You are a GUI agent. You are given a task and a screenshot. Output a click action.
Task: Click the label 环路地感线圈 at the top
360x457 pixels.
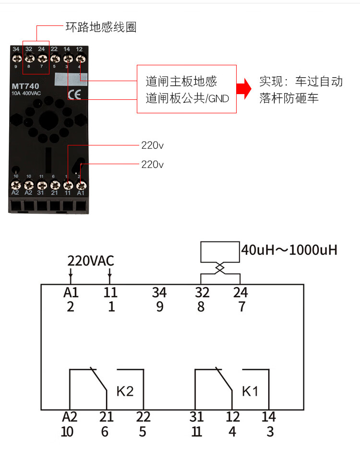pyautogui.click(x=101, y=27)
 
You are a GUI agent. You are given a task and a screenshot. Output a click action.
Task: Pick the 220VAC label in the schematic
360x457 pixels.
pyautogui.click(x=90, y=261)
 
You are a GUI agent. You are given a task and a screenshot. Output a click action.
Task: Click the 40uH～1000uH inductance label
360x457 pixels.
pyautogui.click(x=289, y=250)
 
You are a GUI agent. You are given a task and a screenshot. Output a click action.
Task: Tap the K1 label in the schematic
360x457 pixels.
pyautogui.click(x=250, y=391)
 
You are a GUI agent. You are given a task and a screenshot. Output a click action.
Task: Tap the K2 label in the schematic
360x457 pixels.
pyautogui.click(x=125, y=391)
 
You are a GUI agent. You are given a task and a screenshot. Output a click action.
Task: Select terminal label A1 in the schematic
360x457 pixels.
pyautogui.click(x=71, y=292)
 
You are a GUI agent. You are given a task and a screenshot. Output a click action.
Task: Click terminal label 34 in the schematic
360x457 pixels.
pyautogui.click(x=159, y=292)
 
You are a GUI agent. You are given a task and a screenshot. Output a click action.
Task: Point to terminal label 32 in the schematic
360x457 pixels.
pyautogui.click(x=201, y=292)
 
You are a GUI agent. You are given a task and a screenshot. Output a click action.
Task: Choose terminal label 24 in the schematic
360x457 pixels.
pyautogui.click(x=240, y=292)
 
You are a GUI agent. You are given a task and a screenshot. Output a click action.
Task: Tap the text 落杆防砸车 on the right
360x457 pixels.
pyautogui.click(x=289, y=98)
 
